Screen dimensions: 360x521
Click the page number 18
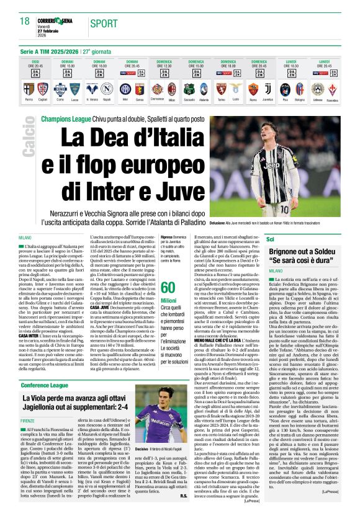24,21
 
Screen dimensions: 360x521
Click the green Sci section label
287,239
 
